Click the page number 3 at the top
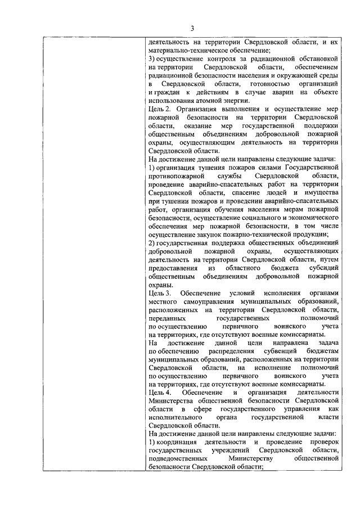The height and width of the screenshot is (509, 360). click(x=191, y=29)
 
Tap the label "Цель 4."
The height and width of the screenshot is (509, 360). click(x=160, y=391)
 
